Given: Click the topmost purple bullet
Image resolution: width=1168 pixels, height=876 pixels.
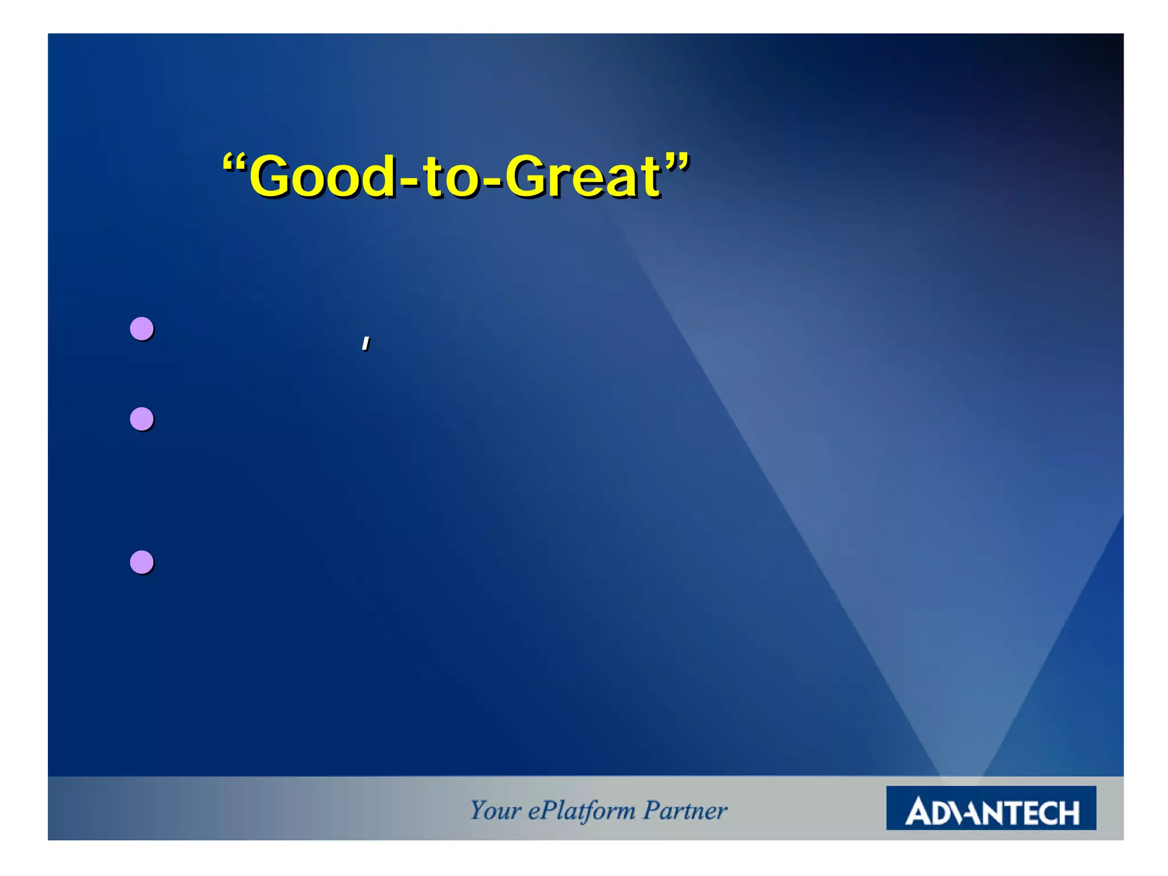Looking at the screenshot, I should click(141, 329).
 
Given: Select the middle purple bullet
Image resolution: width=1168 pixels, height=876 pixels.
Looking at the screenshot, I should click(141, 419).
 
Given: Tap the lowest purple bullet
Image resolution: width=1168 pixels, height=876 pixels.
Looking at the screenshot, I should click(141, 562).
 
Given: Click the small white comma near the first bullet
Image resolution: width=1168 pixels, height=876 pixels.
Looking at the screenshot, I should click(366, 343).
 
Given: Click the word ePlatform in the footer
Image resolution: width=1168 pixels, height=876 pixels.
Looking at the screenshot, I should click(581, 810).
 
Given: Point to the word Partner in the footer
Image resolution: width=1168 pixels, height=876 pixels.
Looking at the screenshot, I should click(685, 810).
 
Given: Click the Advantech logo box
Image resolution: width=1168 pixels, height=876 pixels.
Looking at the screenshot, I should click(991, 808).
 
